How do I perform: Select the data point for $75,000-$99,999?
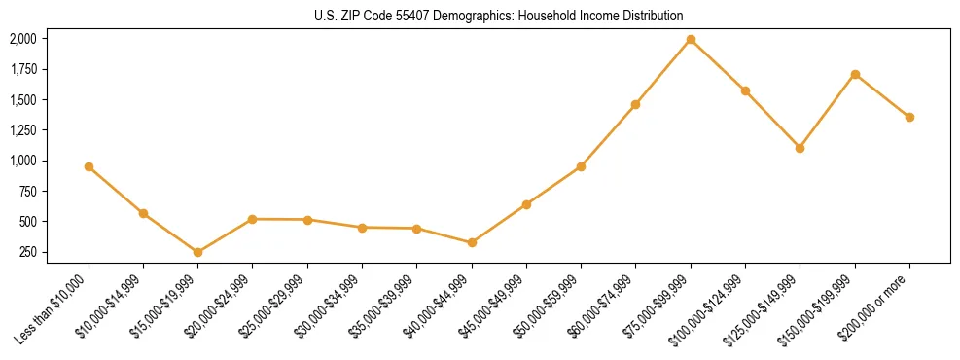(x=691, y=40)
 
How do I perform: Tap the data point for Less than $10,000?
(x=89, y=166)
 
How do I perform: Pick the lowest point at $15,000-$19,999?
(x=197, y=252)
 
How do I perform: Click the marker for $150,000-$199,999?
(x=855, y=74)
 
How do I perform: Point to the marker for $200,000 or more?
(x=909, y=117)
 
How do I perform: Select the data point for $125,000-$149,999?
(x=800, y=148)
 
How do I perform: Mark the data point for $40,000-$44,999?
(x=472, y=242)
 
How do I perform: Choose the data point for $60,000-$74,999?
(x=635, y=104)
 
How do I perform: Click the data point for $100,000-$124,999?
(x=745, y=90)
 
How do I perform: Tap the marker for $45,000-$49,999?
(x=526, y=204)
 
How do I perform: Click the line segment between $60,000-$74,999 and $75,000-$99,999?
(x=663, y=72)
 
